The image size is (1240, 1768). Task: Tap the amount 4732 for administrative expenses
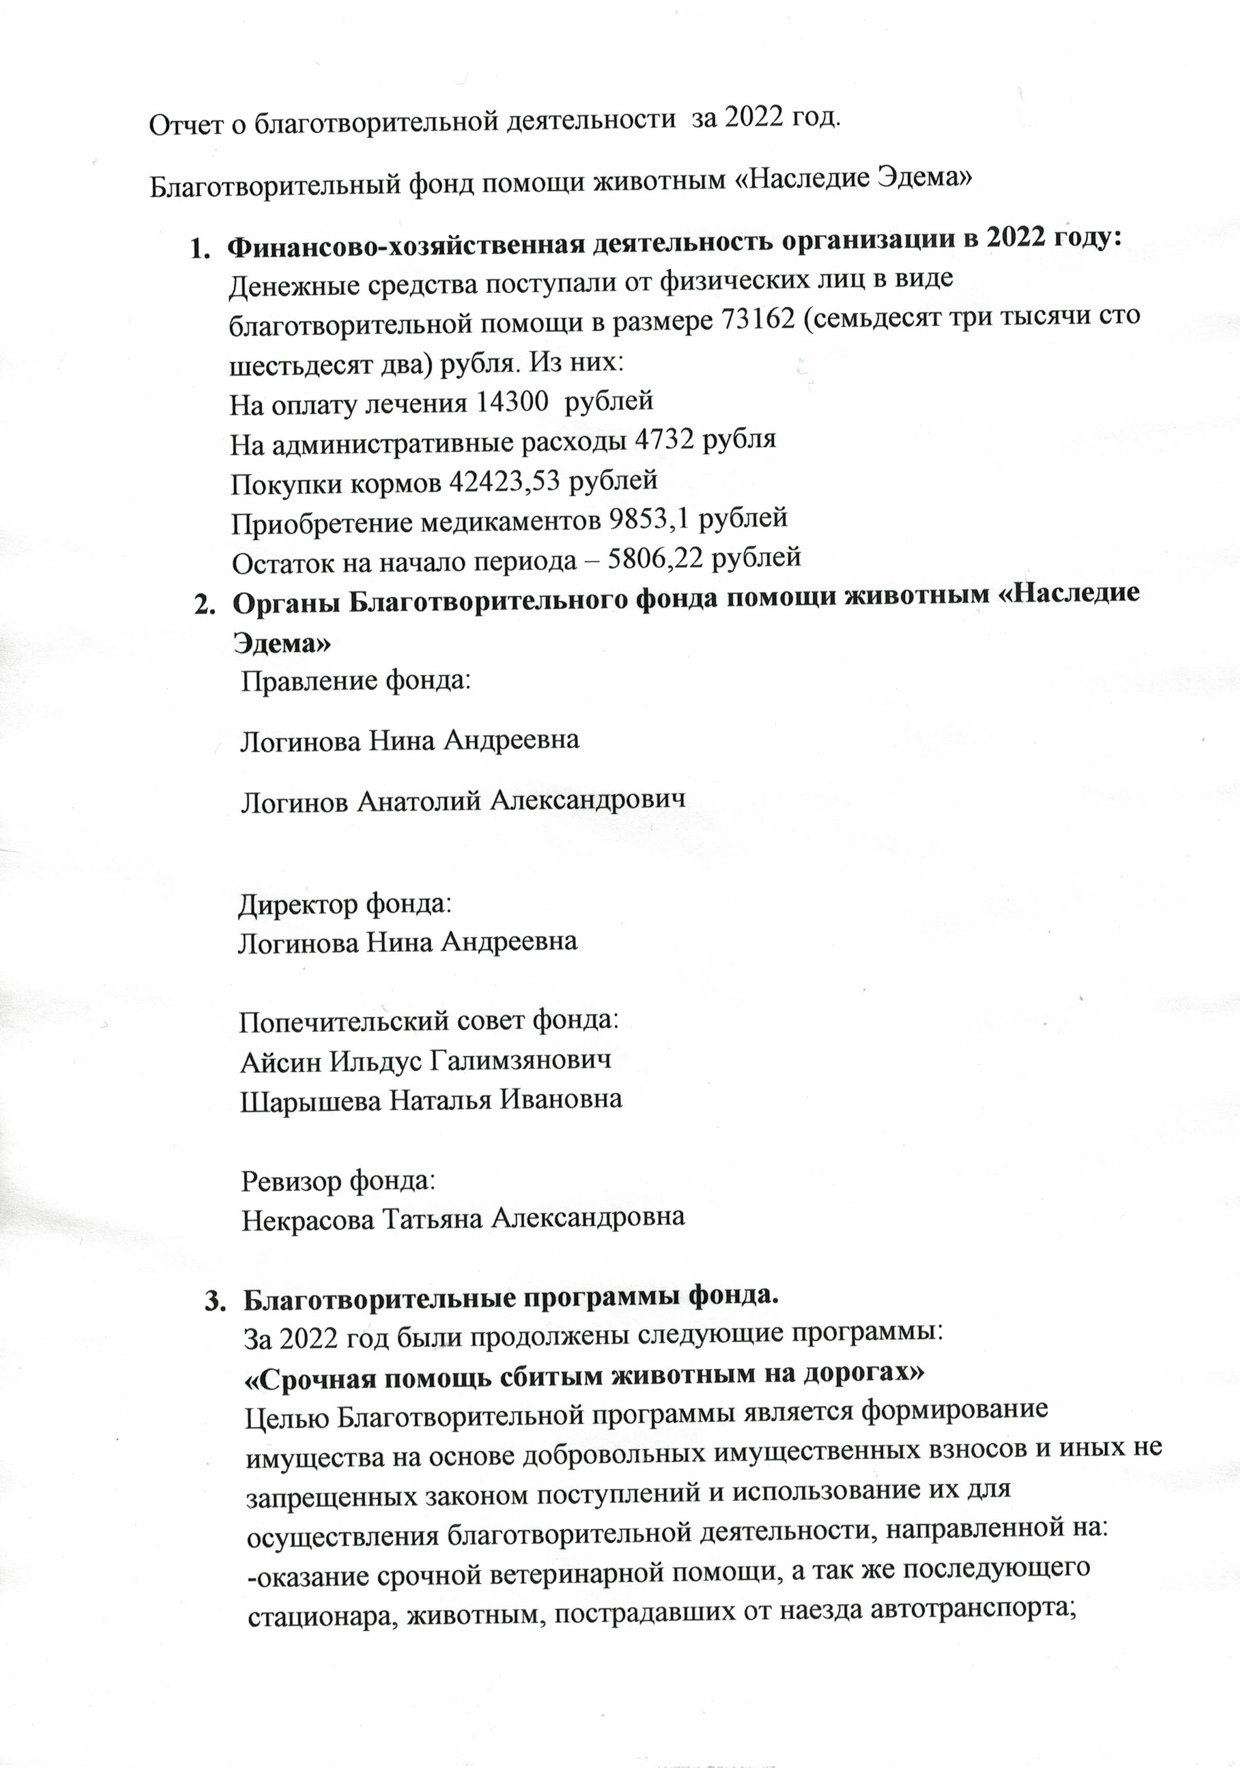click(x=665, y=440)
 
